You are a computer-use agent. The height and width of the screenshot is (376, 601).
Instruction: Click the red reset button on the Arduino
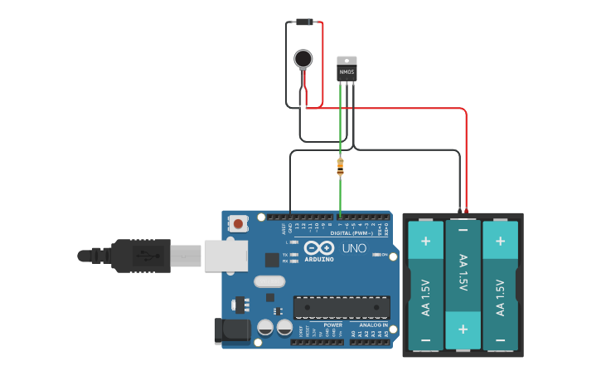pos(239,222)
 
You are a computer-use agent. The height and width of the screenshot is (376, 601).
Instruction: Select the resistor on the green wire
pos(340,166)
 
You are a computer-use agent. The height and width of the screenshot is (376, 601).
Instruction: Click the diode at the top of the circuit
pos(304,22)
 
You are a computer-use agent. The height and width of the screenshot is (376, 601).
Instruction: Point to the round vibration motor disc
pos(303,58)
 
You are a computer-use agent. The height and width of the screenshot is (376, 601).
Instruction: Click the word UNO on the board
pos(355,248)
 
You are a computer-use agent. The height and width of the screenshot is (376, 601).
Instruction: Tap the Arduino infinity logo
pos(318,248)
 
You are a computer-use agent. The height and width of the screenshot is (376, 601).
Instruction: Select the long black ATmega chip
pos(341,307)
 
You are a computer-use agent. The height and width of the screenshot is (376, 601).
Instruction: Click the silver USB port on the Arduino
pos(225,256)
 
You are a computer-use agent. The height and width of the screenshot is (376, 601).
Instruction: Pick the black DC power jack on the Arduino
pos(231,330)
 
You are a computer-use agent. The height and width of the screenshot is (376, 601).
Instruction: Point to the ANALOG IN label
pos(373,325)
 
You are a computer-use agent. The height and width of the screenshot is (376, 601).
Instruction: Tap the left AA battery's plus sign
pos(425,241)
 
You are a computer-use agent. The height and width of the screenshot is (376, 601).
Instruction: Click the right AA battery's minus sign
pos(500,339)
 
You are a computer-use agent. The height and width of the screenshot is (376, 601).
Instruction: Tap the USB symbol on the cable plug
pos(148,255)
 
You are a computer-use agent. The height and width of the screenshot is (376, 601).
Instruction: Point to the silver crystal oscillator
pos(269,281)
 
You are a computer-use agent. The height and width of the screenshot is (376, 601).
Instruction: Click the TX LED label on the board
pos(285,255)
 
